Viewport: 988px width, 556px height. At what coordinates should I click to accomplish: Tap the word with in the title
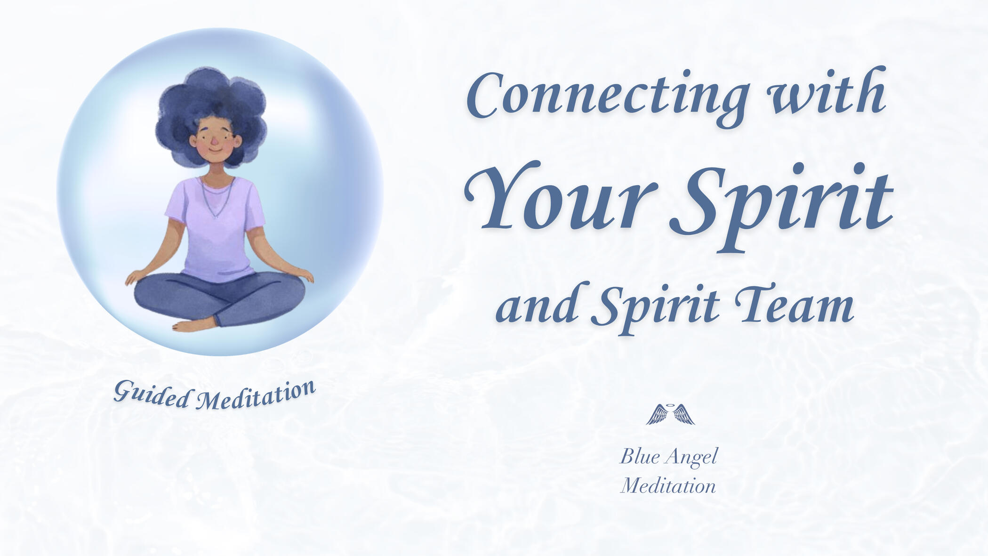(827, 91)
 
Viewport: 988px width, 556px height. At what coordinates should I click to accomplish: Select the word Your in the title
(561, 195)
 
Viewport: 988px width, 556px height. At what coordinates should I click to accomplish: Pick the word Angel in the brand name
(692, 457)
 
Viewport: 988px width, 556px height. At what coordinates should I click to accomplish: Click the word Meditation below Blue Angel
(668, 486)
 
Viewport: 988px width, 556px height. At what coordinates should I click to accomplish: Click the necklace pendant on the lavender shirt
(216, 216)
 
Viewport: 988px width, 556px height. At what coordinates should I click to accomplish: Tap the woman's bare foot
(194, 325)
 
